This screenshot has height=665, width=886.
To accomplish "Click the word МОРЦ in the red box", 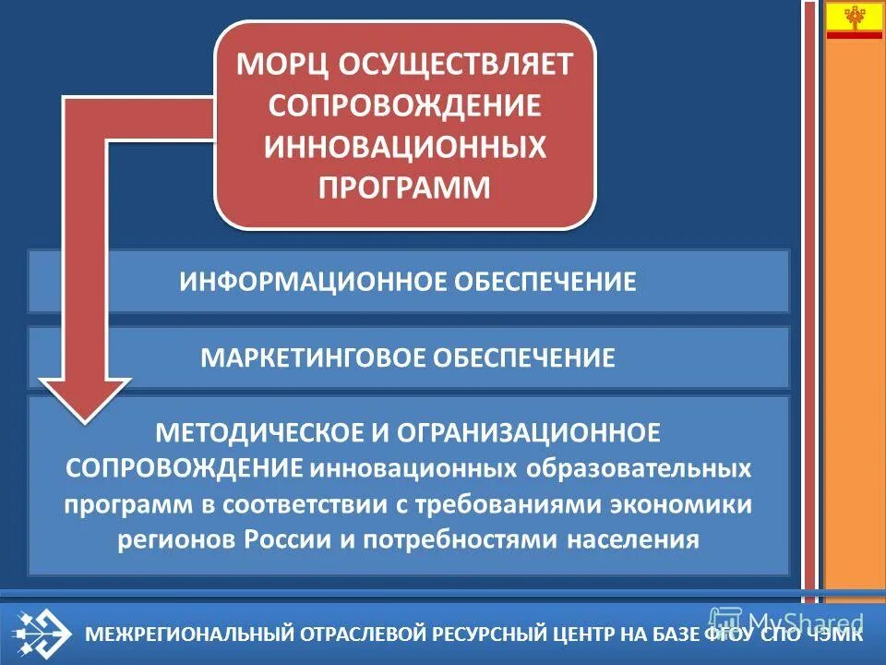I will (x=281, y=66).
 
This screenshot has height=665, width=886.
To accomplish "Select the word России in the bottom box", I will (x=287, y=539).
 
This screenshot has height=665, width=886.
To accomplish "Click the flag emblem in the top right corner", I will (x=854, y=19).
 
